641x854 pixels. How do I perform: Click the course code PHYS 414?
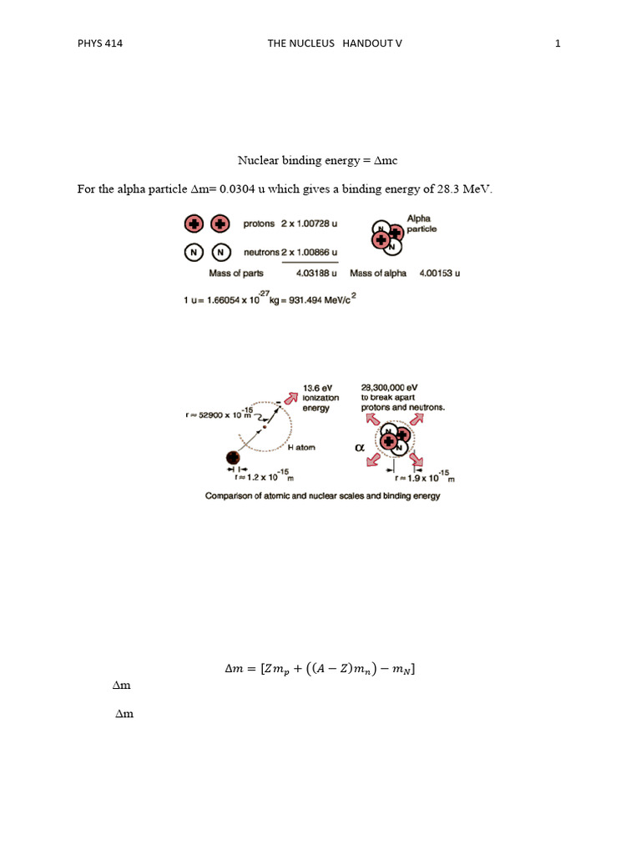pyautogui.click(x=100, y=43)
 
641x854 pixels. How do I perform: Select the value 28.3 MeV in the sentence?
pyautogui.click(x=466, y=189)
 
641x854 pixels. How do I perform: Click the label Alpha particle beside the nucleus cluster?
pyautogui.click(x=421, y=224)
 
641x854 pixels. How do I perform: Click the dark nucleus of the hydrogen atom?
pyautogui.click(x=234, y=458)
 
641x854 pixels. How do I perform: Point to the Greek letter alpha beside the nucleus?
pyautogui.click(x=361, y=448)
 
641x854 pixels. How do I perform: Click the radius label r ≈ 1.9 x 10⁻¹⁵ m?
pyautogui.click(x=423, y=479)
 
